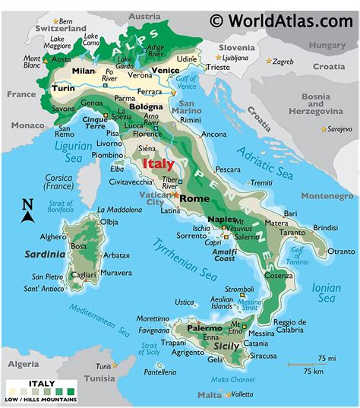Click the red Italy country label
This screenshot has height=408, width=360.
point(158,163)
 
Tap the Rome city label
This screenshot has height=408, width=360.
point(196,198)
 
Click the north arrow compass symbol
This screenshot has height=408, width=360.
point(28,210)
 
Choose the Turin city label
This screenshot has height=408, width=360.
point(63,89)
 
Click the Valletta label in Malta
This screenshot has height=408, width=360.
point(241,394)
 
